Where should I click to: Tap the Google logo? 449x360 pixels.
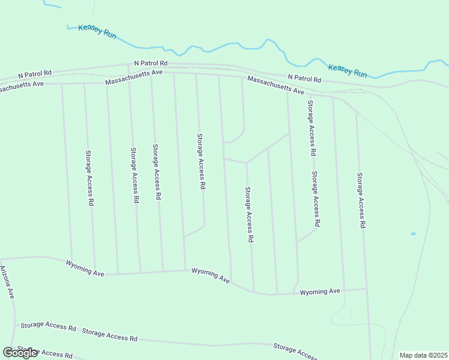[20, 353]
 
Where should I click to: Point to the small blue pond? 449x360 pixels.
[413, 233]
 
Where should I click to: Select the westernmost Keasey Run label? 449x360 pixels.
[97, 31]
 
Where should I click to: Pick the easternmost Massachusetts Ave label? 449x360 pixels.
[276, 85]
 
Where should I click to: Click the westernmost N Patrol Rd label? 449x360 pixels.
[35, 74]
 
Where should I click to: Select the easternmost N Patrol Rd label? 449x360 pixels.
[304, 78]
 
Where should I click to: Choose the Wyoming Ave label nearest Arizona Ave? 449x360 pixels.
[85, 268]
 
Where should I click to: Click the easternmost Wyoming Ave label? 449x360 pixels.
[320, 292]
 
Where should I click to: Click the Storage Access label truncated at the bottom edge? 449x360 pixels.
[294, 351]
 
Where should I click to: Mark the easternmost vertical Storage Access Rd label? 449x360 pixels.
[361, 200]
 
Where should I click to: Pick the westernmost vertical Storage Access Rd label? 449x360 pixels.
[89, 178]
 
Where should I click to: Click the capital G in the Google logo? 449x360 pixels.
[8, 353]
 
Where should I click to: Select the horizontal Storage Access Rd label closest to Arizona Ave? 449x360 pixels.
[48, 326]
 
